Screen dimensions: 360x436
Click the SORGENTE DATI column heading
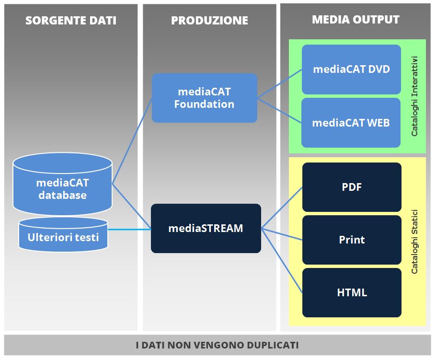click(70, 21)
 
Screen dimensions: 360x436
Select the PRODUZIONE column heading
click(209, 21)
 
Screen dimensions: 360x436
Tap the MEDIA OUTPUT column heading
click(356, 20)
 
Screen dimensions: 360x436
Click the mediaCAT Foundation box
click(205, 98)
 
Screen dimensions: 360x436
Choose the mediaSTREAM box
click(206, 228)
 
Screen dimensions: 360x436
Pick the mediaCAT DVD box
click(351, 69)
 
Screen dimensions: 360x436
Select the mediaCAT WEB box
click(351, 123)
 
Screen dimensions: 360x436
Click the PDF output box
click(352, 187)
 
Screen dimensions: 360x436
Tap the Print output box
click(352, 240)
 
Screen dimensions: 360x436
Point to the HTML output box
click(352, 292)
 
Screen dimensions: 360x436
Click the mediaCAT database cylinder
click(63, 188)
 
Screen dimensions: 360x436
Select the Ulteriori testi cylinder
click(63, 237)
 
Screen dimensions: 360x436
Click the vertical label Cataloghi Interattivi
click(415, 96)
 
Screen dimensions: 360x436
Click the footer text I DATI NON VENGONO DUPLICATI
click(218, 345)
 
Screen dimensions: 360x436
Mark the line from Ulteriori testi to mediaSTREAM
click(129, 230)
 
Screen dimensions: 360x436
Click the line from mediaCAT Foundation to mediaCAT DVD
click(280, 83)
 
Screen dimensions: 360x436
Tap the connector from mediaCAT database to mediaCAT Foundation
click(132, 140)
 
